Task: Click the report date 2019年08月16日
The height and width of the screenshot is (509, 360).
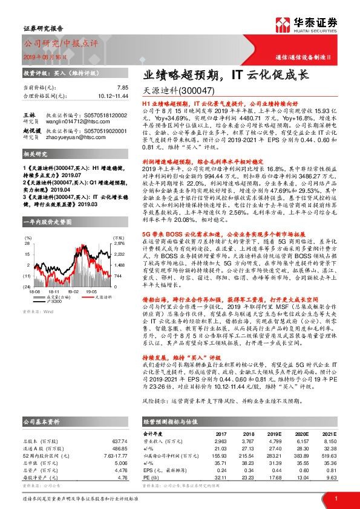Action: point(47,56)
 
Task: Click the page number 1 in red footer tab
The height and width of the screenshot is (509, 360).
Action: point(336,498)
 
